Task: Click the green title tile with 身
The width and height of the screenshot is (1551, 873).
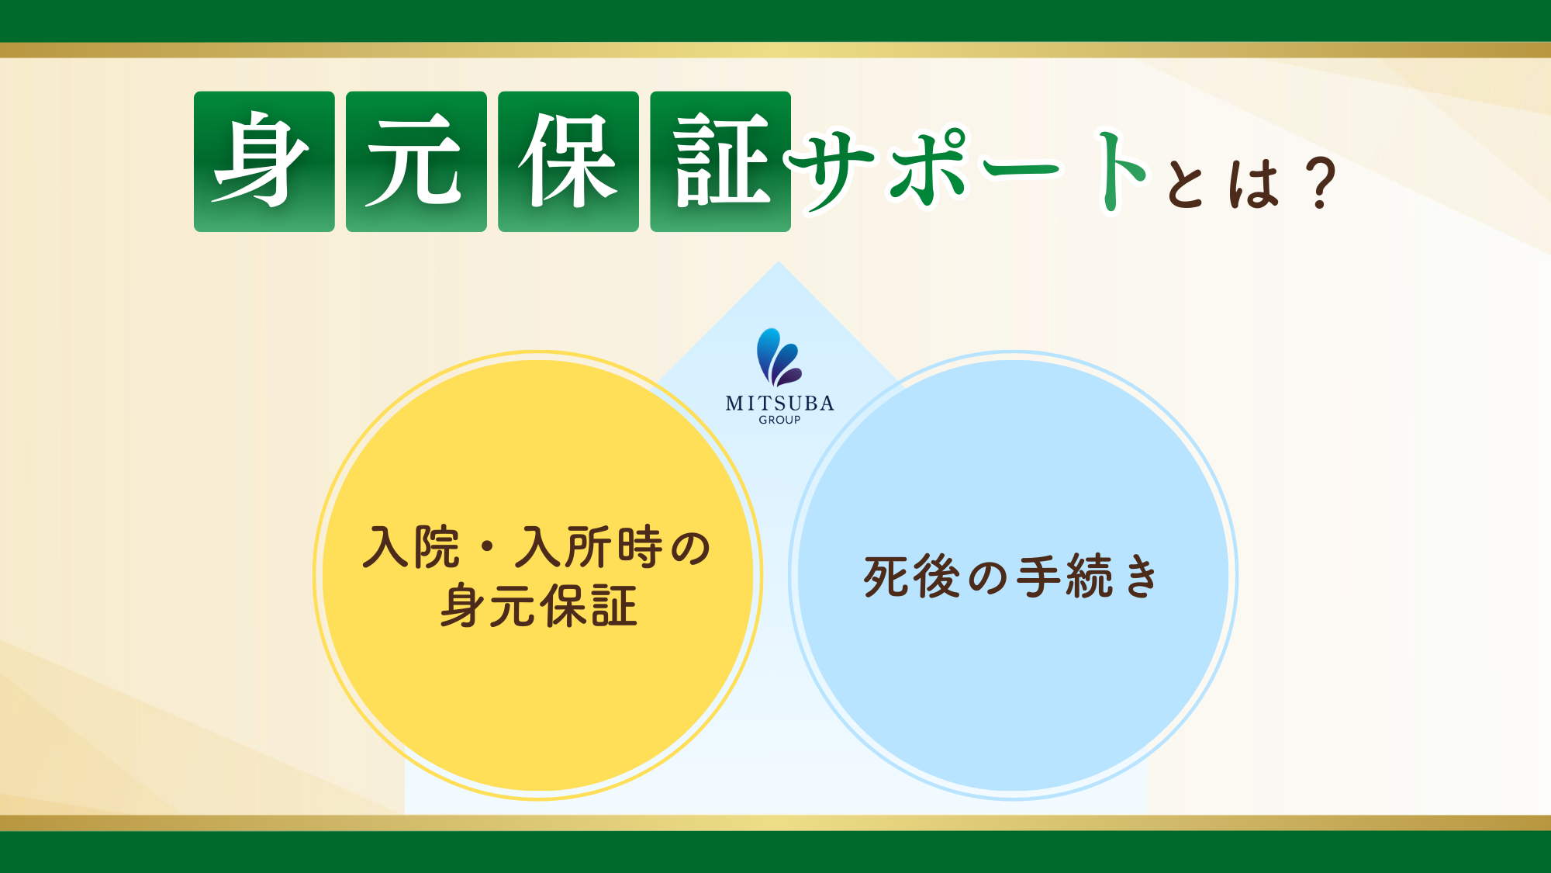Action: [264, 161]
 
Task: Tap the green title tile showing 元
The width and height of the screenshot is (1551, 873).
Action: [416, 161]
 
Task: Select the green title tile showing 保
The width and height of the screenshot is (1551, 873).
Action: [568, 161]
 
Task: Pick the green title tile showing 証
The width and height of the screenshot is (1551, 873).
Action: [720, 161]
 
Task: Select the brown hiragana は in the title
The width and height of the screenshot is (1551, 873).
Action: [1252, 182]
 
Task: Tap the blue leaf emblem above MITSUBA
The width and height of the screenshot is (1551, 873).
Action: [779, 357]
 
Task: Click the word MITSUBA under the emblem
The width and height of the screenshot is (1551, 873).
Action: [779, 403]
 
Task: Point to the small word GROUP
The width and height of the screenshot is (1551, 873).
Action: [779, 420]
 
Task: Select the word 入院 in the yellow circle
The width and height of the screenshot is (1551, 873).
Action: [411, 547]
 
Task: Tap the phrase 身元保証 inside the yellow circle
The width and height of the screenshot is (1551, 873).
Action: [538, 605]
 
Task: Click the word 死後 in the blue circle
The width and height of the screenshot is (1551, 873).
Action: [912, 577]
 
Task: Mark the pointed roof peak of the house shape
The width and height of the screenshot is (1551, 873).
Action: [778, 262]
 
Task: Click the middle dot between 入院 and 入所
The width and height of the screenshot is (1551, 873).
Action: [488, 548]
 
